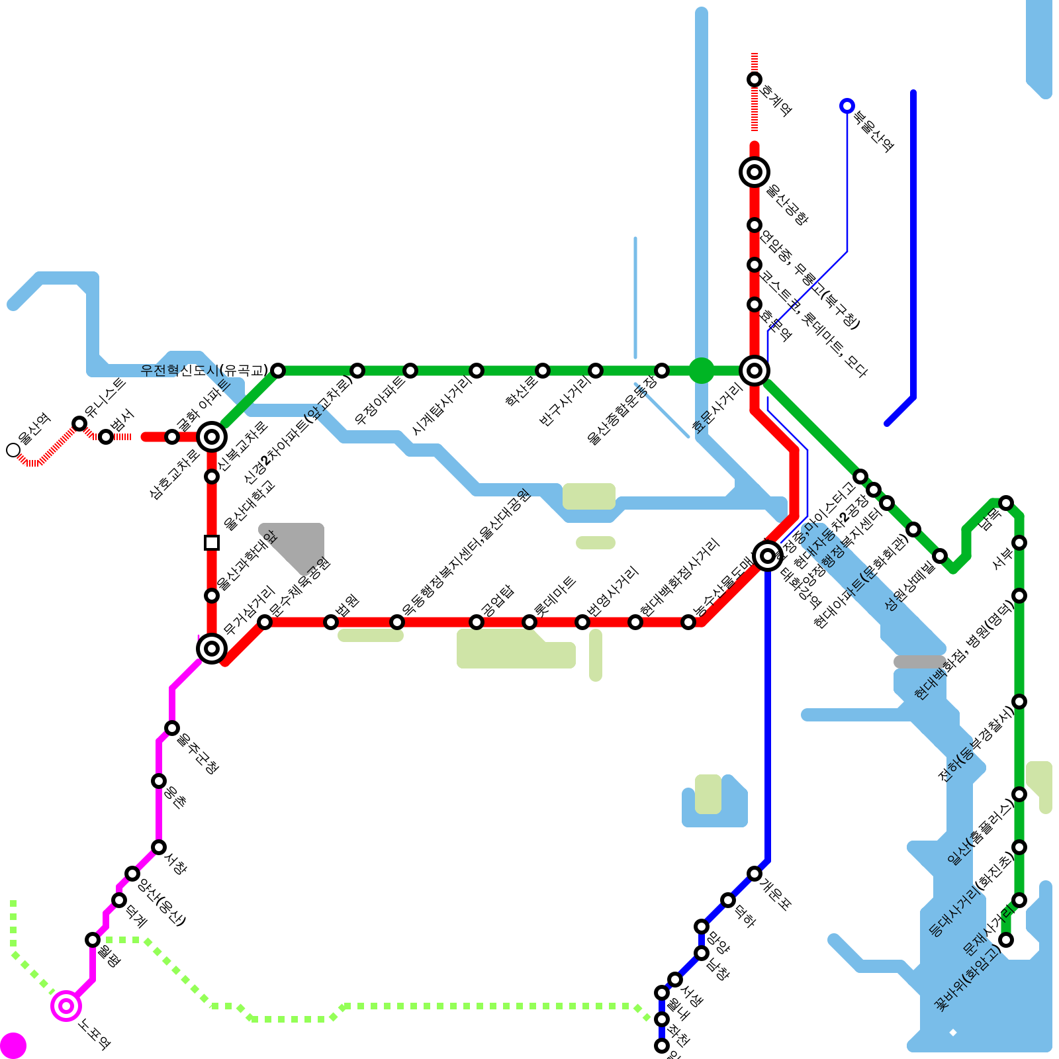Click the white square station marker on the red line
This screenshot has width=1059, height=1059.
click(212, 543)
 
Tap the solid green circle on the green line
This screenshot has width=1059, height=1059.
click(702, 371)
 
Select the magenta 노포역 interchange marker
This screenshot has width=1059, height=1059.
click(66, 1006)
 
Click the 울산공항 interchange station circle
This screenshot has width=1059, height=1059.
click(755, 172)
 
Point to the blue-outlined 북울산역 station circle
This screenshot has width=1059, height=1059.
click(847, 106)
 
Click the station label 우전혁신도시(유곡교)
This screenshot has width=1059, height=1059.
click(204, 371)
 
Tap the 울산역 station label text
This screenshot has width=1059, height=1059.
click(34, 429)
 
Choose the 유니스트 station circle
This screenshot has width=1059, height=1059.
click(79, 424)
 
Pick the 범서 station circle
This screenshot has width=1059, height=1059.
click(106, 437)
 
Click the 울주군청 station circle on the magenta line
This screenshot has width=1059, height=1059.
click(172, 728)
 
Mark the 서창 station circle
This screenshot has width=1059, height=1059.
click(159, 847)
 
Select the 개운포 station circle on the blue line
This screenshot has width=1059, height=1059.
click(755, 874)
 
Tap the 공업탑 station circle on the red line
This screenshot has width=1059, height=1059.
click(477, 622)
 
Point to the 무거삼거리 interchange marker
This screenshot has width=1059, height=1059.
click(212, 649)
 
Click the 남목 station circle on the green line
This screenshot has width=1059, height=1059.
click(1006, 503)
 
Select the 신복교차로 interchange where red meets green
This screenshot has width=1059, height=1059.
click(212, 437)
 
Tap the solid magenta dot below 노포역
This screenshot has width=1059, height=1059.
click(13, 1046)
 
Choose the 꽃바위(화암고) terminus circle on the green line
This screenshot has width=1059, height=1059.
click(1006, 940)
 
